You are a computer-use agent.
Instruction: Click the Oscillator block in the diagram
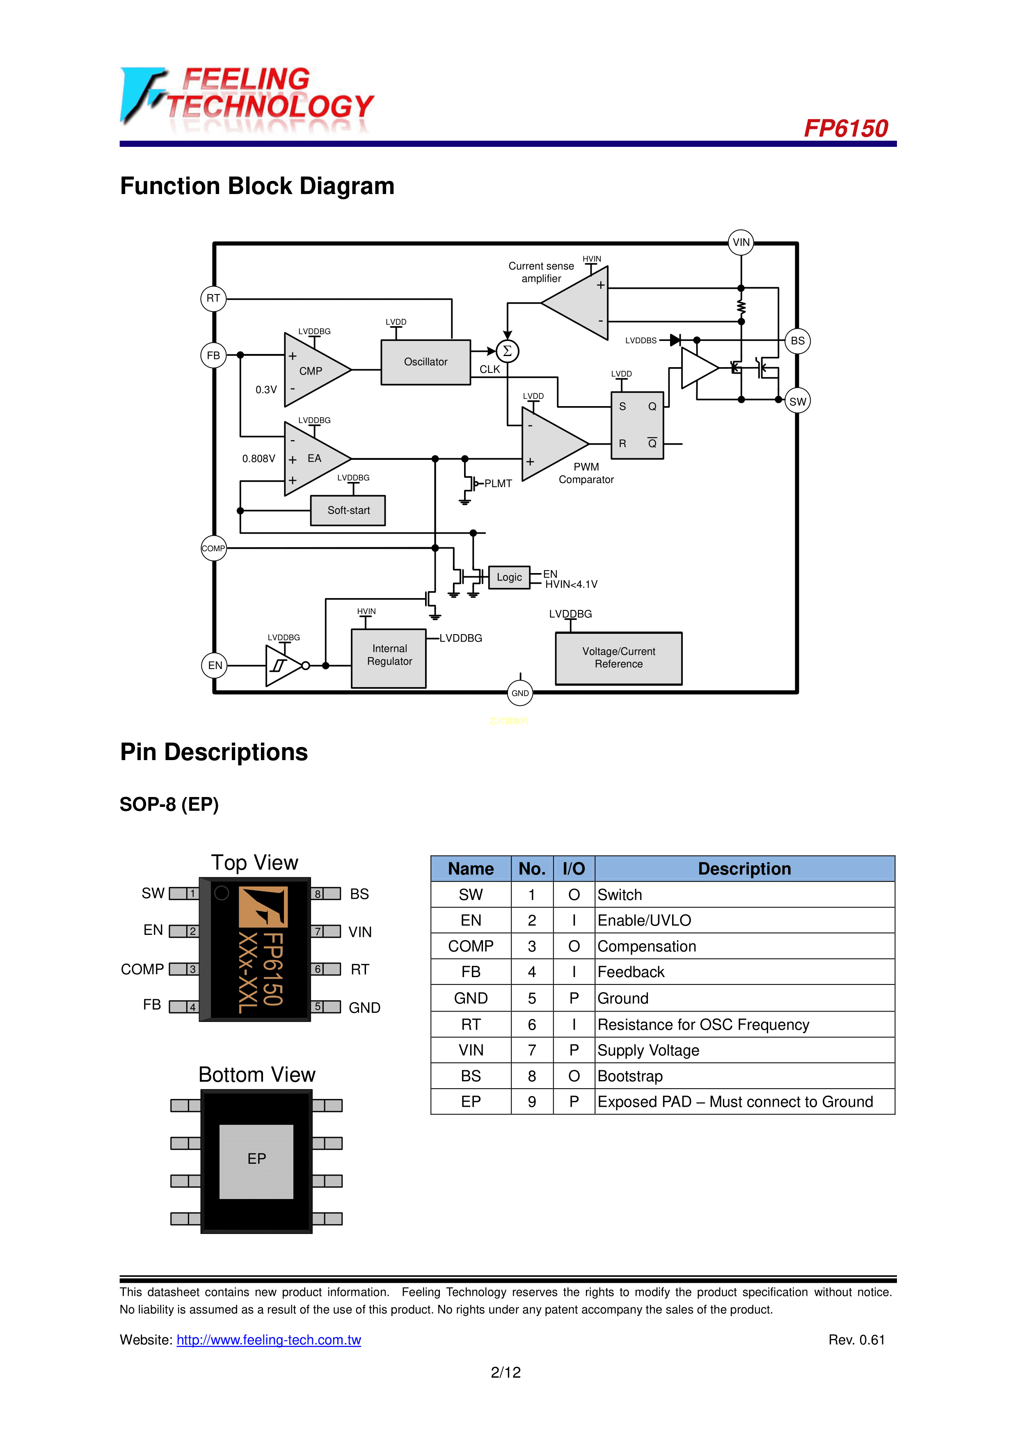426,362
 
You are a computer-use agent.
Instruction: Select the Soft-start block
348,510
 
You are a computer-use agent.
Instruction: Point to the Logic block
509,577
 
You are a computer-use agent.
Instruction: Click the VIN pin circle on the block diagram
741,242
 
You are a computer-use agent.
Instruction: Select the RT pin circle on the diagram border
213,298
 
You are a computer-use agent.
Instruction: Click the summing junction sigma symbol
507,351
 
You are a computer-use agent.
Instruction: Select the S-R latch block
637,425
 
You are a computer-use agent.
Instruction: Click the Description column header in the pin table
744,869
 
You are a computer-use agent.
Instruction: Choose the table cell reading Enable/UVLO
644,920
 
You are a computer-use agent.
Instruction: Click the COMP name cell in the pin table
471,946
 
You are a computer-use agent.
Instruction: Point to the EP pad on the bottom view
256,1159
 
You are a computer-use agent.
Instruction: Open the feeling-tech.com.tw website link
268,1340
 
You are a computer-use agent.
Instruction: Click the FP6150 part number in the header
846,128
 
